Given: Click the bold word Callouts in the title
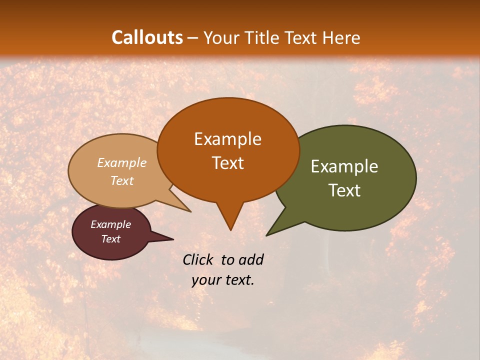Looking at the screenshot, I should click(x=147, y=37).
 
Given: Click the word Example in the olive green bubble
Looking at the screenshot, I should click(x=344, y=166).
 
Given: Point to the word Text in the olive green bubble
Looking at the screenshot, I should click(x=344, y=190).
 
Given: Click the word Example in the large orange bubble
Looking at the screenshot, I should click(x=227, y=139).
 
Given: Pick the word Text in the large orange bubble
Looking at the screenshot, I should click(x=227, y=163).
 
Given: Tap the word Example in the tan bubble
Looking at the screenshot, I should click(x=122, y=163).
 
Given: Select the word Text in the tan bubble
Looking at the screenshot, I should click(x=122, y=180).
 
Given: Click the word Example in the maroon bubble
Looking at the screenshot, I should click(x=110, y=224).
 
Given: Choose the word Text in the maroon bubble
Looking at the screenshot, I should click(x=110, y=239).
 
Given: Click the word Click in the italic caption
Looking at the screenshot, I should click(x=199, y=259).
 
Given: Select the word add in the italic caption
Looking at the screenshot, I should click(x=251, y=259).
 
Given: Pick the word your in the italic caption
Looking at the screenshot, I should click(x=205, y=280).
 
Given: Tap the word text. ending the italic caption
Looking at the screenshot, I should click(x=238, y=280).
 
